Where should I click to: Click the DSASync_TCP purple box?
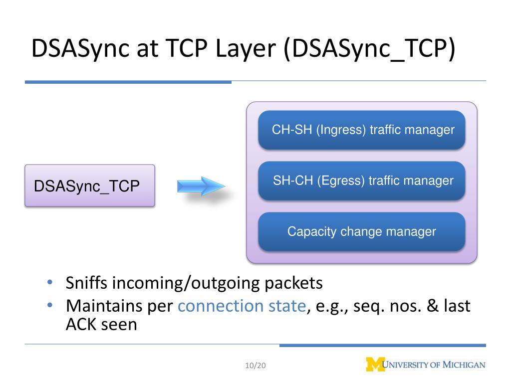tap(90, 186)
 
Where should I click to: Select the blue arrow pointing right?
tap(198, 187)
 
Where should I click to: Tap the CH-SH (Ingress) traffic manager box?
tap(362, 130)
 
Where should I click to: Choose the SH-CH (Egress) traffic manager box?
tap(362, 181)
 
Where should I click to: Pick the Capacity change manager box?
tap(362, 231)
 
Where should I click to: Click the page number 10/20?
tap(256, 366)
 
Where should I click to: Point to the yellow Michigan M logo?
tap(375, 365)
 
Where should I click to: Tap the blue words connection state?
tap(241, 306)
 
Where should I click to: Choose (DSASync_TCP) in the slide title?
tap(370, 50)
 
